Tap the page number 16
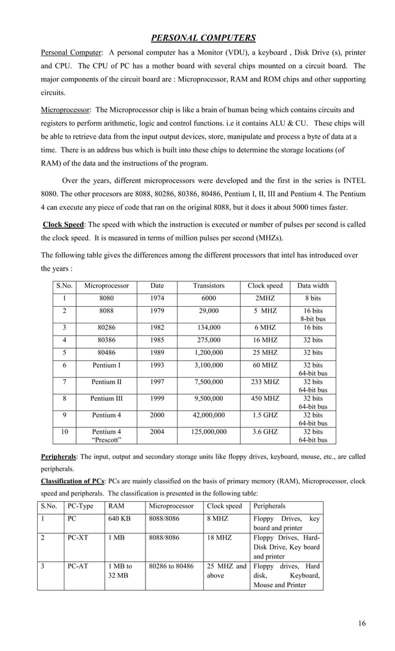tap(361, 623)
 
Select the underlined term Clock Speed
tap(64, 224)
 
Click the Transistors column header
tap(208, 286)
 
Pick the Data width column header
tap(313, 286)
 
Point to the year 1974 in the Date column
tap(157, 299)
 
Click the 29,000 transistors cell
tap(208, 311)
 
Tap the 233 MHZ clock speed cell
tap(265, 382)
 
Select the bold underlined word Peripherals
tap(58, 457)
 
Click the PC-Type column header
tap(80, 506)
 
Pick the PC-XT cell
tap(77, 539)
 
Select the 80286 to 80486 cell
tap(171, 566)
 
